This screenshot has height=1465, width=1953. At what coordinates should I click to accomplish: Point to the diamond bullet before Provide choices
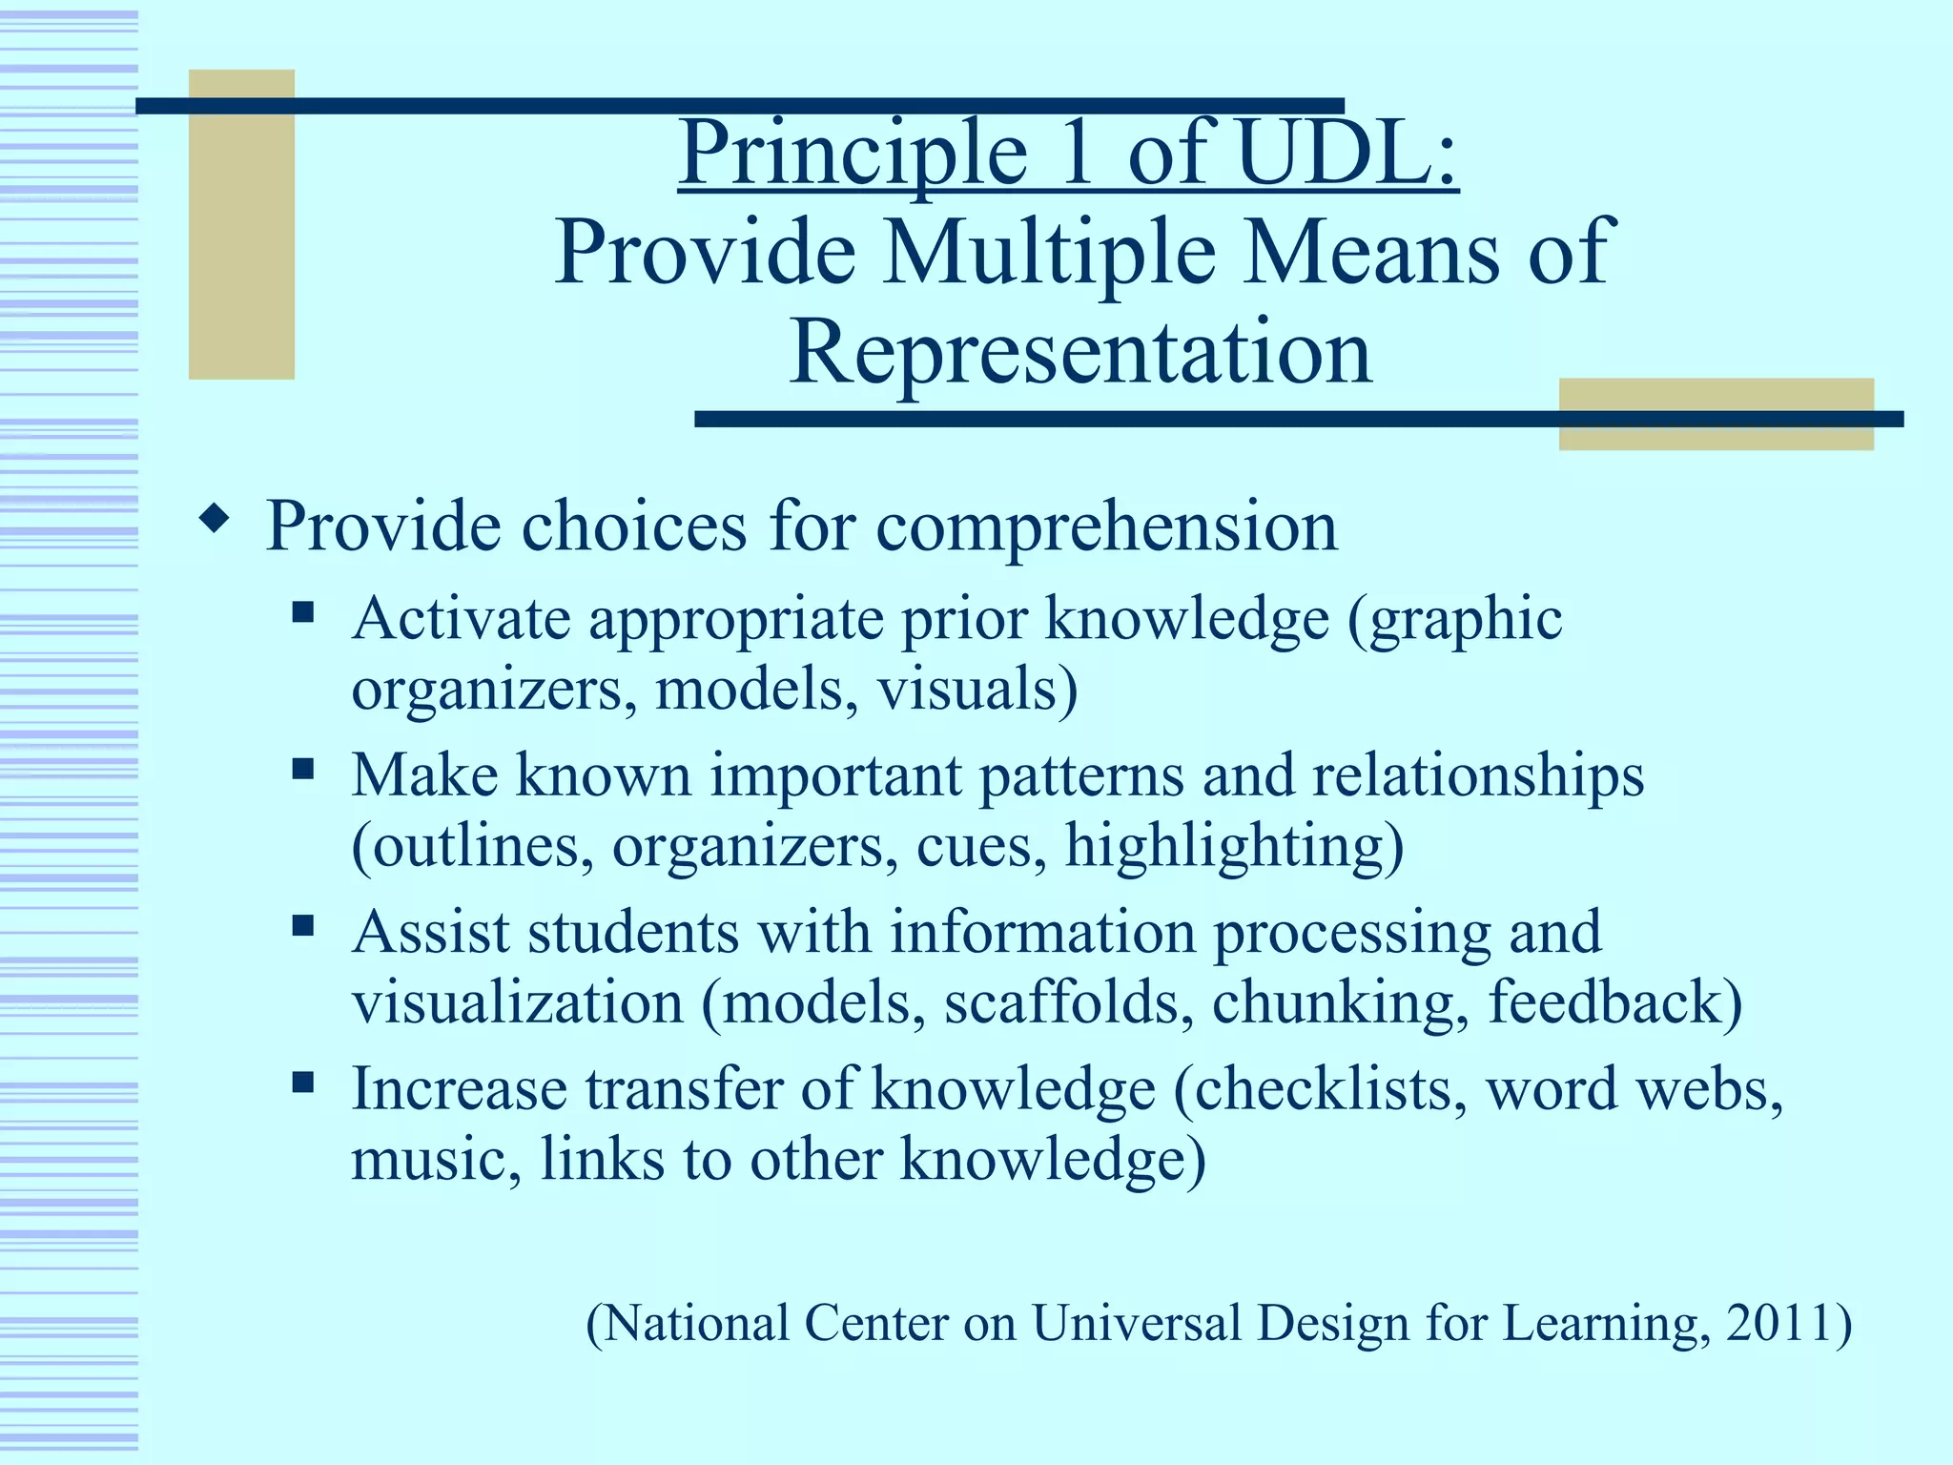pyautogui.click(x=215, y=520)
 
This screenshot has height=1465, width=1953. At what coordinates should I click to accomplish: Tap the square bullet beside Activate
pyautogui.click(x=303, y=610)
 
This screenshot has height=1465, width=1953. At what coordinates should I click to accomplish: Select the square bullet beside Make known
pyautogui.click(x=303, y=768)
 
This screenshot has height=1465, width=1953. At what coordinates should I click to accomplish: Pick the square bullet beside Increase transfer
pyautogui.click(x=303, y=1082)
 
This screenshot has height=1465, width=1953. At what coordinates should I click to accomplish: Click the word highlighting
pyautogui.click(x=1233, y=847)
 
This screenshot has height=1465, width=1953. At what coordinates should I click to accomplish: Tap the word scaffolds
pyautogui.click(x=1068, y=1003)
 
